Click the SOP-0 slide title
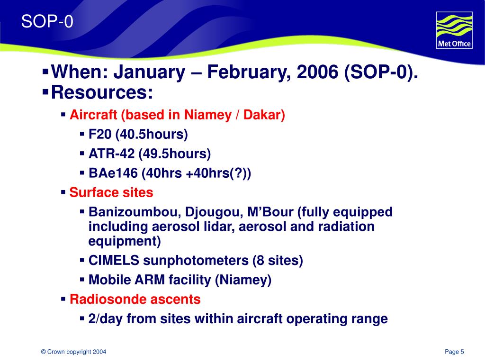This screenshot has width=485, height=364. [47, 22]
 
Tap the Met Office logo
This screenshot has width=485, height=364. [454, 30]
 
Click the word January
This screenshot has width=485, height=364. [150, 72]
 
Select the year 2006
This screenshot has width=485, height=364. [317, 72]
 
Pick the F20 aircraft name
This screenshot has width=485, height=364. [99, 134]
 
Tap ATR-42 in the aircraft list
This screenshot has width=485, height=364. [112, 154]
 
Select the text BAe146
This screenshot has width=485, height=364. [113, 173]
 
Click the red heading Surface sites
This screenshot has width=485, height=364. [111, 192]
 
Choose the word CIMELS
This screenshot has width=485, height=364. [114, 260]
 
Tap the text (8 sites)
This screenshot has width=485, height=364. [278, 261]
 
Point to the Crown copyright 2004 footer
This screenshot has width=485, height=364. [73, 352]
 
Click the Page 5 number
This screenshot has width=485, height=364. [454, 352]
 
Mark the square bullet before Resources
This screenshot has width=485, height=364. [45, 92]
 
